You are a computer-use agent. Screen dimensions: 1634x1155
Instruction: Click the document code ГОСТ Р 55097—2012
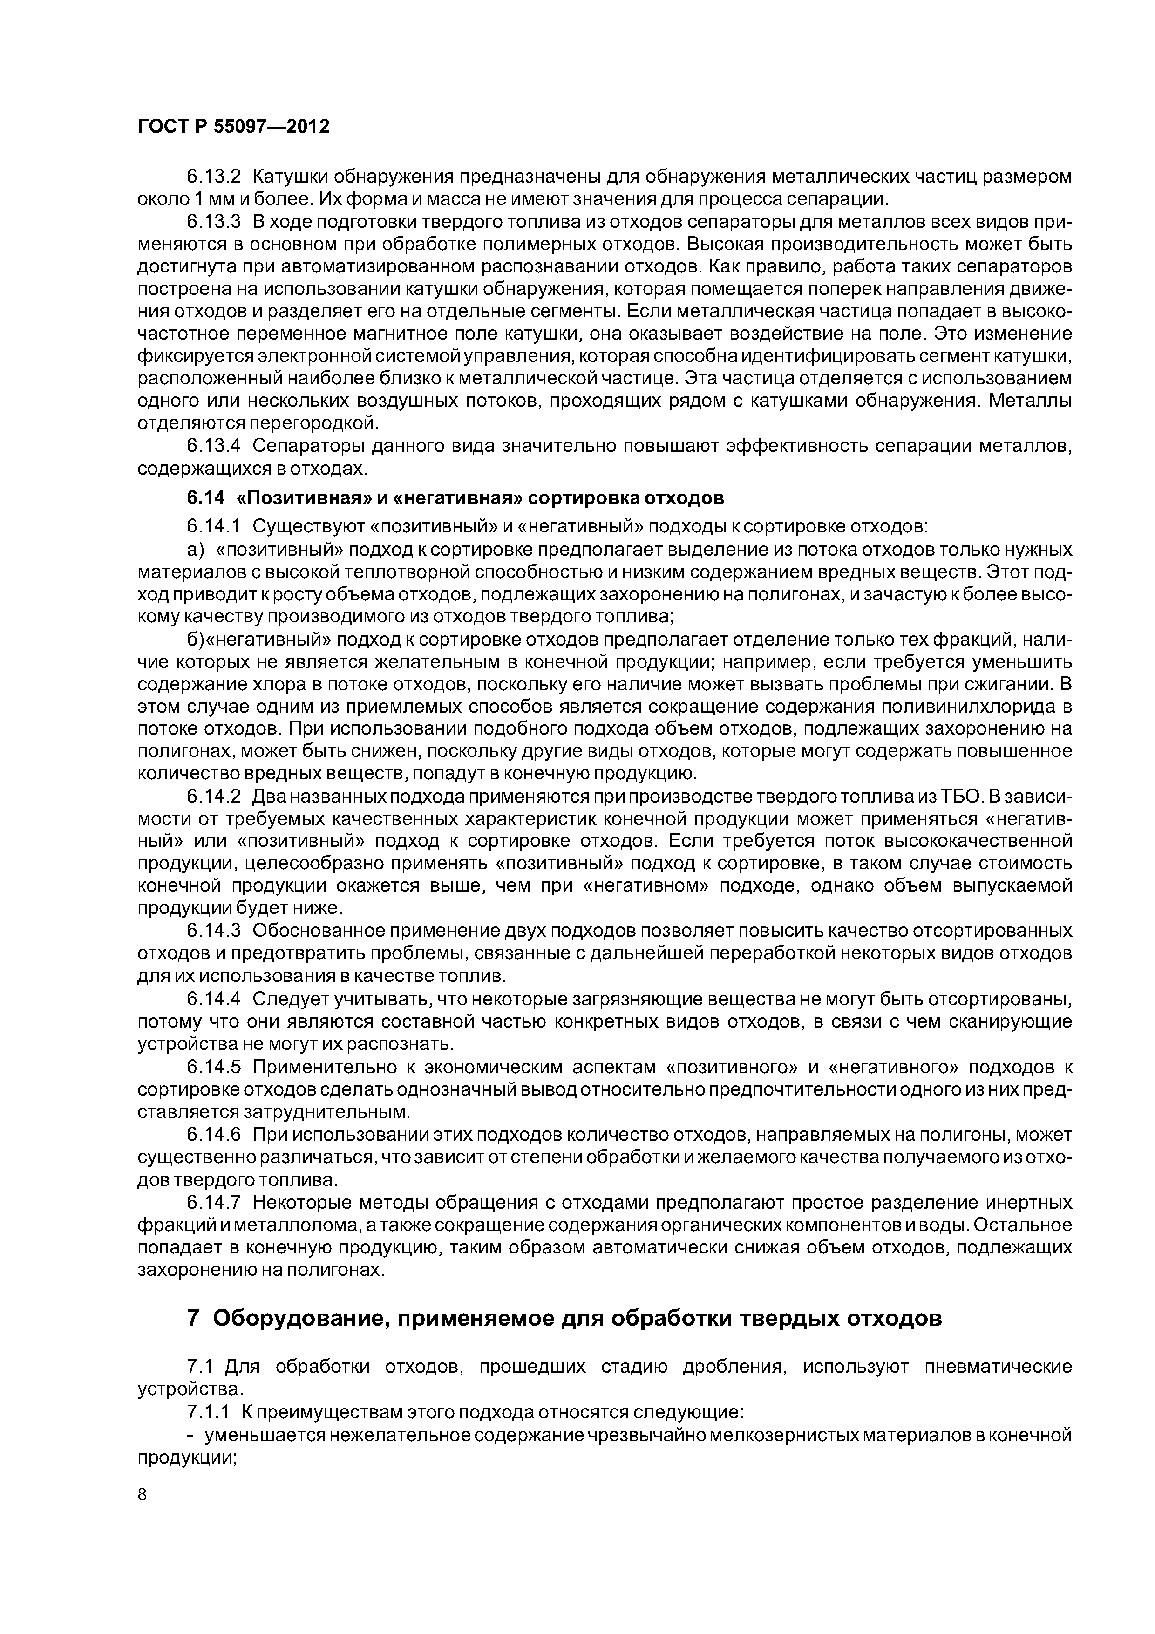[x=233, y=127]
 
